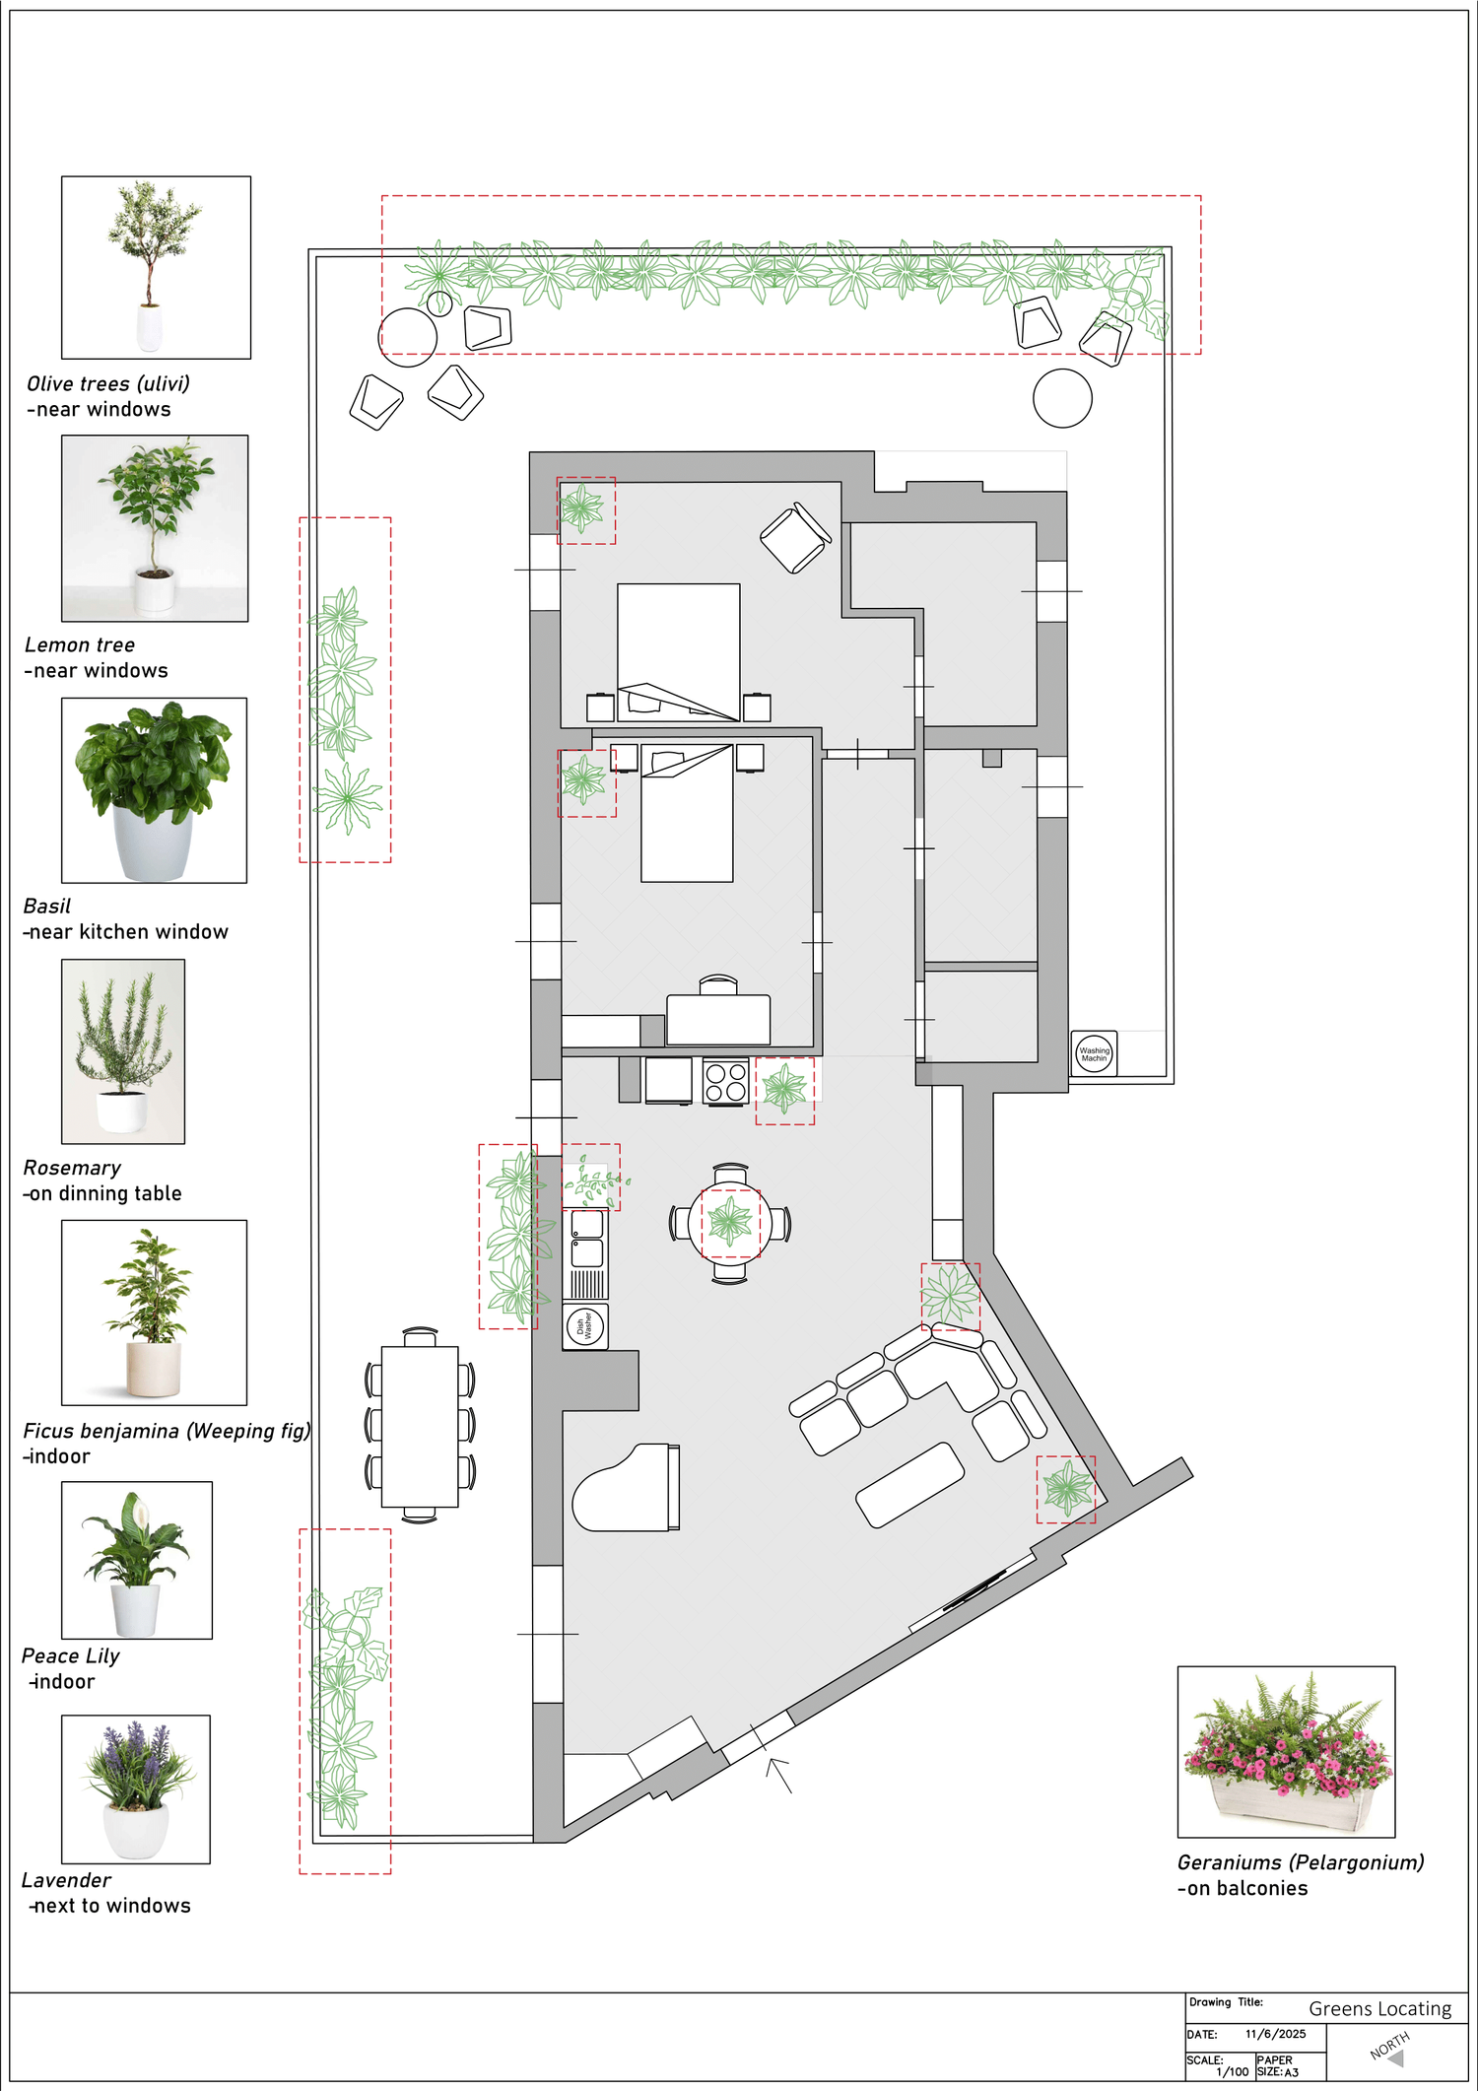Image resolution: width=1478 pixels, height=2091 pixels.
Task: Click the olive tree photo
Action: coord(156,267)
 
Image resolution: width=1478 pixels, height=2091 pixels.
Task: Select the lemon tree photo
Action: coord(155,528)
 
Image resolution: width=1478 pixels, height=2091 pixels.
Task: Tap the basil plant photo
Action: coord(154,790)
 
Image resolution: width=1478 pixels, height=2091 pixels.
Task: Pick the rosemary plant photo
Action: coord(123,1051)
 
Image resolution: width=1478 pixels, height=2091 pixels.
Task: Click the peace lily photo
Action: coord(137,1560)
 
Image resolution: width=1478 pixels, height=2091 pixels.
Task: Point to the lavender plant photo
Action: coord(136,1788)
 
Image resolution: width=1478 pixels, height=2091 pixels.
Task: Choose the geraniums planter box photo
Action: coord(1286,1751)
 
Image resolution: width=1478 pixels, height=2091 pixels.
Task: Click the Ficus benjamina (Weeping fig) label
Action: coord(167,1431)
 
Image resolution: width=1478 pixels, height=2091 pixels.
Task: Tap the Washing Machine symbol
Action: coord(1094,1053)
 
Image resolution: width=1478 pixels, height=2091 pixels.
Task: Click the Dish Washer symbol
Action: coord(585,1326)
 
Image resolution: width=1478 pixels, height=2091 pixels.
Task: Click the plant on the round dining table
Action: coord(730,1223)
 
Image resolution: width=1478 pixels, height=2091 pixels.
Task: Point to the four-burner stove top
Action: coord(726,1082)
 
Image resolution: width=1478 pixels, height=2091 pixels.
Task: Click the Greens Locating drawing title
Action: coord(1379,2008)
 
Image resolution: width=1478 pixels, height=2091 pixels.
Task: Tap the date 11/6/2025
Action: coord(1275,2034)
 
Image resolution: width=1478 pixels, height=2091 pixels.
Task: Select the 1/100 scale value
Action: coord(1232,2071)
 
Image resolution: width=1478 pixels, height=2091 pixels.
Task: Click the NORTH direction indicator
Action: coord(1390,2048)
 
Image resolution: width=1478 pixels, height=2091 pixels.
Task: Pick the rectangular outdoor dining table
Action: coord(420,1426)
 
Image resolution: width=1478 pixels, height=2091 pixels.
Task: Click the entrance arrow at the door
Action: coord(778,1775)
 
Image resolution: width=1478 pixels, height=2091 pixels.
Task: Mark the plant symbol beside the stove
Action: coord(784,1090)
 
